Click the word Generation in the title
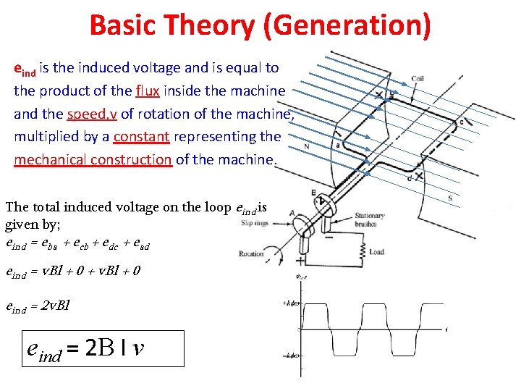point(347,26)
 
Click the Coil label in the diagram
point(418,78)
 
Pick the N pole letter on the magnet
point(307,146)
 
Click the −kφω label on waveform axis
point(292,355)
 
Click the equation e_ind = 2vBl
point(36,307)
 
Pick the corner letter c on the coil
point(462,122)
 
